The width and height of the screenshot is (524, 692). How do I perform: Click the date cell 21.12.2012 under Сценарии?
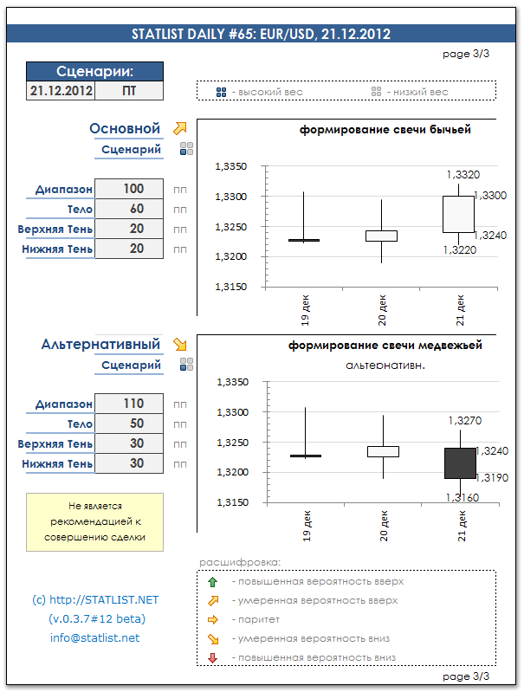61,90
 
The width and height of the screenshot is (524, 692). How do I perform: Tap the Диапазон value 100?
133,189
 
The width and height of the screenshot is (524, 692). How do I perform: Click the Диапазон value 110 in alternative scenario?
133,404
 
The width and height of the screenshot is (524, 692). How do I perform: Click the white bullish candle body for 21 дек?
458,214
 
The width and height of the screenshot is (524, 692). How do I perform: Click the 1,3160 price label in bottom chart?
462,497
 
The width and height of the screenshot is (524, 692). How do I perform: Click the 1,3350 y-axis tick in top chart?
230,166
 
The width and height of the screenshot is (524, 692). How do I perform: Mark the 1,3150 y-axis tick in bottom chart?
230,502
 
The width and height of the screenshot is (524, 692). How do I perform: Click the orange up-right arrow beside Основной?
180,128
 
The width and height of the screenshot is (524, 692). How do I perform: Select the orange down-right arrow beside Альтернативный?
180,344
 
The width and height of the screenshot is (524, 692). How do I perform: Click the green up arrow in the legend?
212,581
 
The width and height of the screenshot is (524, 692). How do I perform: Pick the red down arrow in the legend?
212,658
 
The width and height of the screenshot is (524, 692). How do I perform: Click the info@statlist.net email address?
95,638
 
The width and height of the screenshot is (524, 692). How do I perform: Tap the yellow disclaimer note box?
94,521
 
